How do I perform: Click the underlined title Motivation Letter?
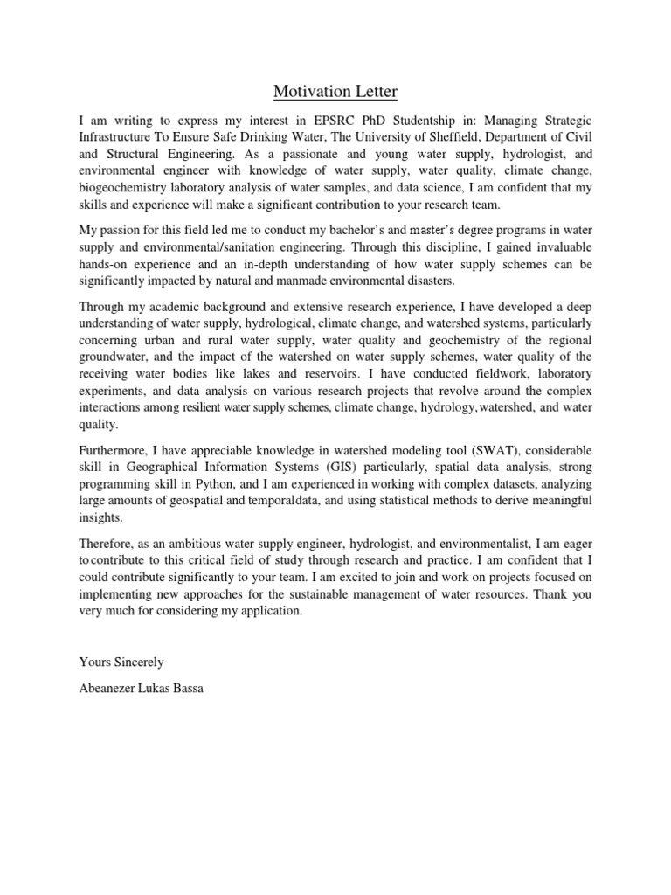tap(335, 91)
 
